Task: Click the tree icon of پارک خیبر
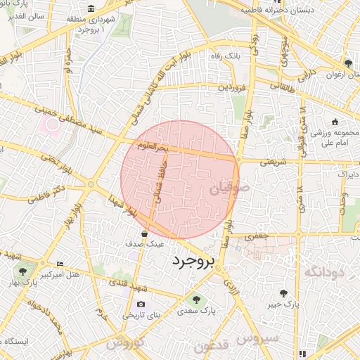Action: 283,292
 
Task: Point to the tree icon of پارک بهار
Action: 24,269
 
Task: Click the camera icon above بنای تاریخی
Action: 141,304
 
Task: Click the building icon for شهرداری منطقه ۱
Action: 92,8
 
